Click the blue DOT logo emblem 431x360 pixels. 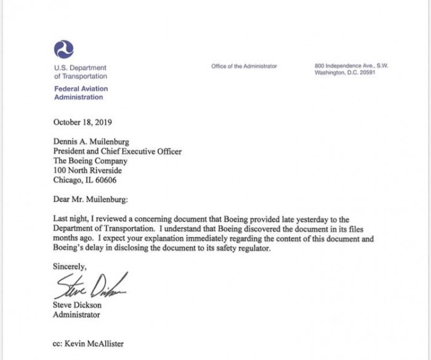64,49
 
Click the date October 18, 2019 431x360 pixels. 83,122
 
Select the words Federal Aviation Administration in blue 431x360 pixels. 81,93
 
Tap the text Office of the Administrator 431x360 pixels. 244,66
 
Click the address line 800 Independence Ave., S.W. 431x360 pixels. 351,66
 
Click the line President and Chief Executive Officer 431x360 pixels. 118,151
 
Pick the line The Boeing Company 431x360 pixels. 91,161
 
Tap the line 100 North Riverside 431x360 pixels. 88,170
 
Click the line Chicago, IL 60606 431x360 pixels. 85,180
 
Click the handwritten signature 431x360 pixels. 91,287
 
